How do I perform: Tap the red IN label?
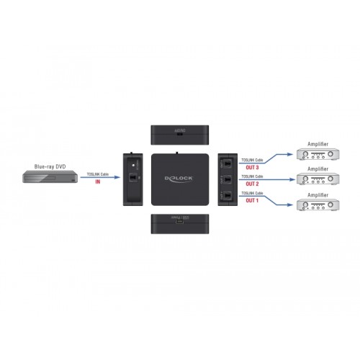pyautogui.click(x=99, y=181)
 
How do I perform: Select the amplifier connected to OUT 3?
pyautogui.click(x=317, y=155)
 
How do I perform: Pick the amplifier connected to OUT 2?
pyautogui.click(x=317, y=180)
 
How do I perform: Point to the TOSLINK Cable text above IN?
pyautogui.click(x=98, y=174)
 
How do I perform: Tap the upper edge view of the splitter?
pyautogui.click(x=179, y=133)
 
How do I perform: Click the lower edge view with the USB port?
pyautogui.click(x=179, y=222)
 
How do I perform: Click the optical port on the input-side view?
pyautogui.click(x=132, y=178)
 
